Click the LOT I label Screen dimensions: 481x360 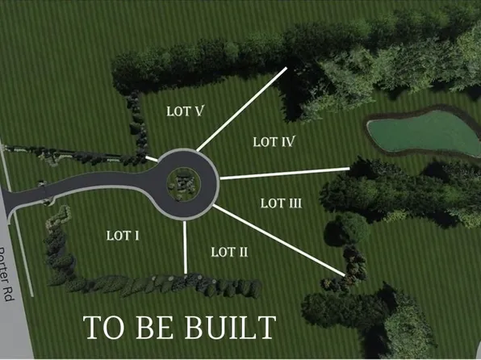(123, 236)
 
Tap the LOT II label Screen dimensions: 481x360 (229, 253)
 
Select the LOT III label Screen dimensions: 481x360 (282, 203)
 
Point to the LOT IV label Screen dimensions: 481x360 (274, 142)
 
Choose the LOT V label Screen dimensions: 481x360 (185, 111)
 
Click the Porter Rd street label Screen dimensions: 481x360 (6, 274)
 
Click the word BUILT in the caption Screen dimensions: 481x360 (230, 328)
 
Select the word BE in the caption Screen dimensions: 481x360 (154, 328)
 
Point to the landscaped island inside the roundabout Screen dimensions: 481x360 (184, 184)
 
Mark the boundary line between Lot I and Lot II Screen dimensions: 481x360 (185, 247)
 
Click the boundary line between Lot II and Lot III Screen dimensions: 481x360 (279, 241)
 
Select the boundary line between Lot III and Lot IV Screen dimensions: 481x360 (285, 173)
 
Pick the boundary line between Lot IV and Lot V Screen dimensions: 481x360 (242, 109)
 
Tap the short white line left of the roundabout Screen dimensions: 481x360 (152, 159)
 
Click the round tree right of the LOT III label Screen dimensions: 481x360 (347, 229)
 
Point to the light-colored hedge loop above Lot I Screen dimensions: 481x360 (59, 216)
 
